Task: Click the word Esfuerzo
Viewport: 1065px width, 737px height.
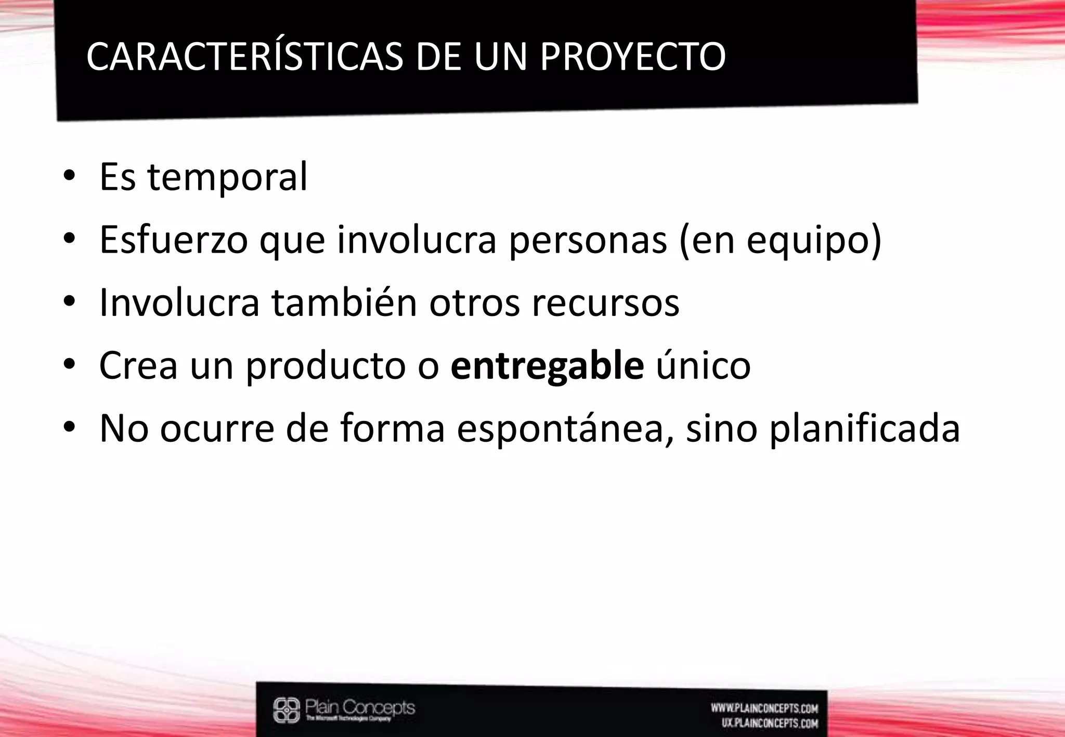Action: (x=173, y=240)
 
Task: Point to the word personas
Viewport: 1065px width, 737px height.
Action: (x=588, y=240)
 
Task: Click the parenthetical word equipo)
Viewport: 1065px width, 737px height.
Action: (x=814, y=241)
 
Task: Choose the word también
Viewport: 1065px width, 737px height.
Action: (x=344, y=302)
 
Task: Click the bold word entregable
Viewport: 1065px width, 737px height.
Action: (x=547, y=366)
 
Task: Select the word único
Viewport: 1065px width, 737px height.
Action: (x=703, y=366)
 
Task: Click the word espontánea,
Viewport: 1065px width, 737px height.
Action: (x=566, y=429)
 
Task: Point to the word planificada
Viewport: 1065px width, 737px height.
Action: (x=864, y=429)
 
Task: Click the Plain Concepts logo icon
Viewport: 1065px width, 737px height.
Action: (x=287, y=710)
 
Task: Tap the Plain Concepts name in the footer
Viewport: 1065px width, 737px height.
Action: (x=360, y=707)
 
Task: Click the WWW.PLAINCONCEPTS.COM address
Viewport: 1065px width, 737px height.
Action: (x=764, y=708)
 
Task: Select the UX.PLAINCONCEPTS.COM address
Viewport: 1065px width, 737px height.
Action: (x=770, y=723)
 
